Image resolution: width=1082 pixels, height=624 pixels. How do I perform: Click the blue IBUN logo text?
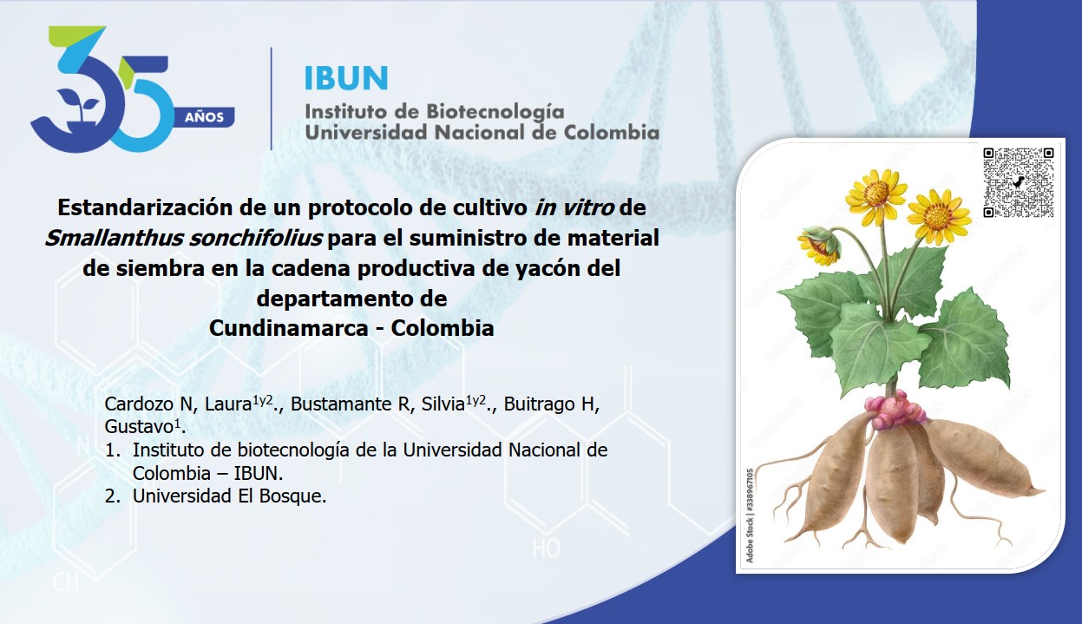[x=346, y=78]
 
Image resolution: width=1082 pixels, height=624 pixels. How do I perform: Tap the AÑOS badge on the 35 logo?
[x=204, y=117]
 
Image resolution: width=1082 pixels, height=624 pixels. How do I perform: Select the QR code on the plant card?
[x=1019, y=183]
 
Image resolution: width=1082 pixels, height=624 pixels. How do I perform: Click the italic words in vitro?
[x=574, y=208]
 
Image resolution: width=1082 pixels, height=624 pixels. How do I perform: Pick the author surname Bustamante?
[x=342, y=404]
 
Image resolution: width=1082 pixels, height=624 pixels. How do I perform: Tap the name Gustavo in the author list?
[x=139, y=427]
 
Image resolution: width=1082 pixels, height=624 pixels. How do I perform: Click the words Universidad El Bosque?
[x=229, y=496]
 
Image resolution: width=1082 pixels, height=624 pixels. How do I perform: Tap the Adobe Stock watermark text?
[x=749, y=516]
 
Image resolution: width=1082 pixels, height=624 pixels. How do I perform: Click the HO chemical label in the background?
[x=547, y=548]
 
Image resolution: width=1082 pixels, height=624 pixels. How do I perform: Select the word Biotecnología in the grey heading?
[x=495, y=113]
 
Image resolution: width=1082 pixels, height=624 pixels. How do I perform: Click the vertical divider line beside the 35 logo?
[x=271, y=99]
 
